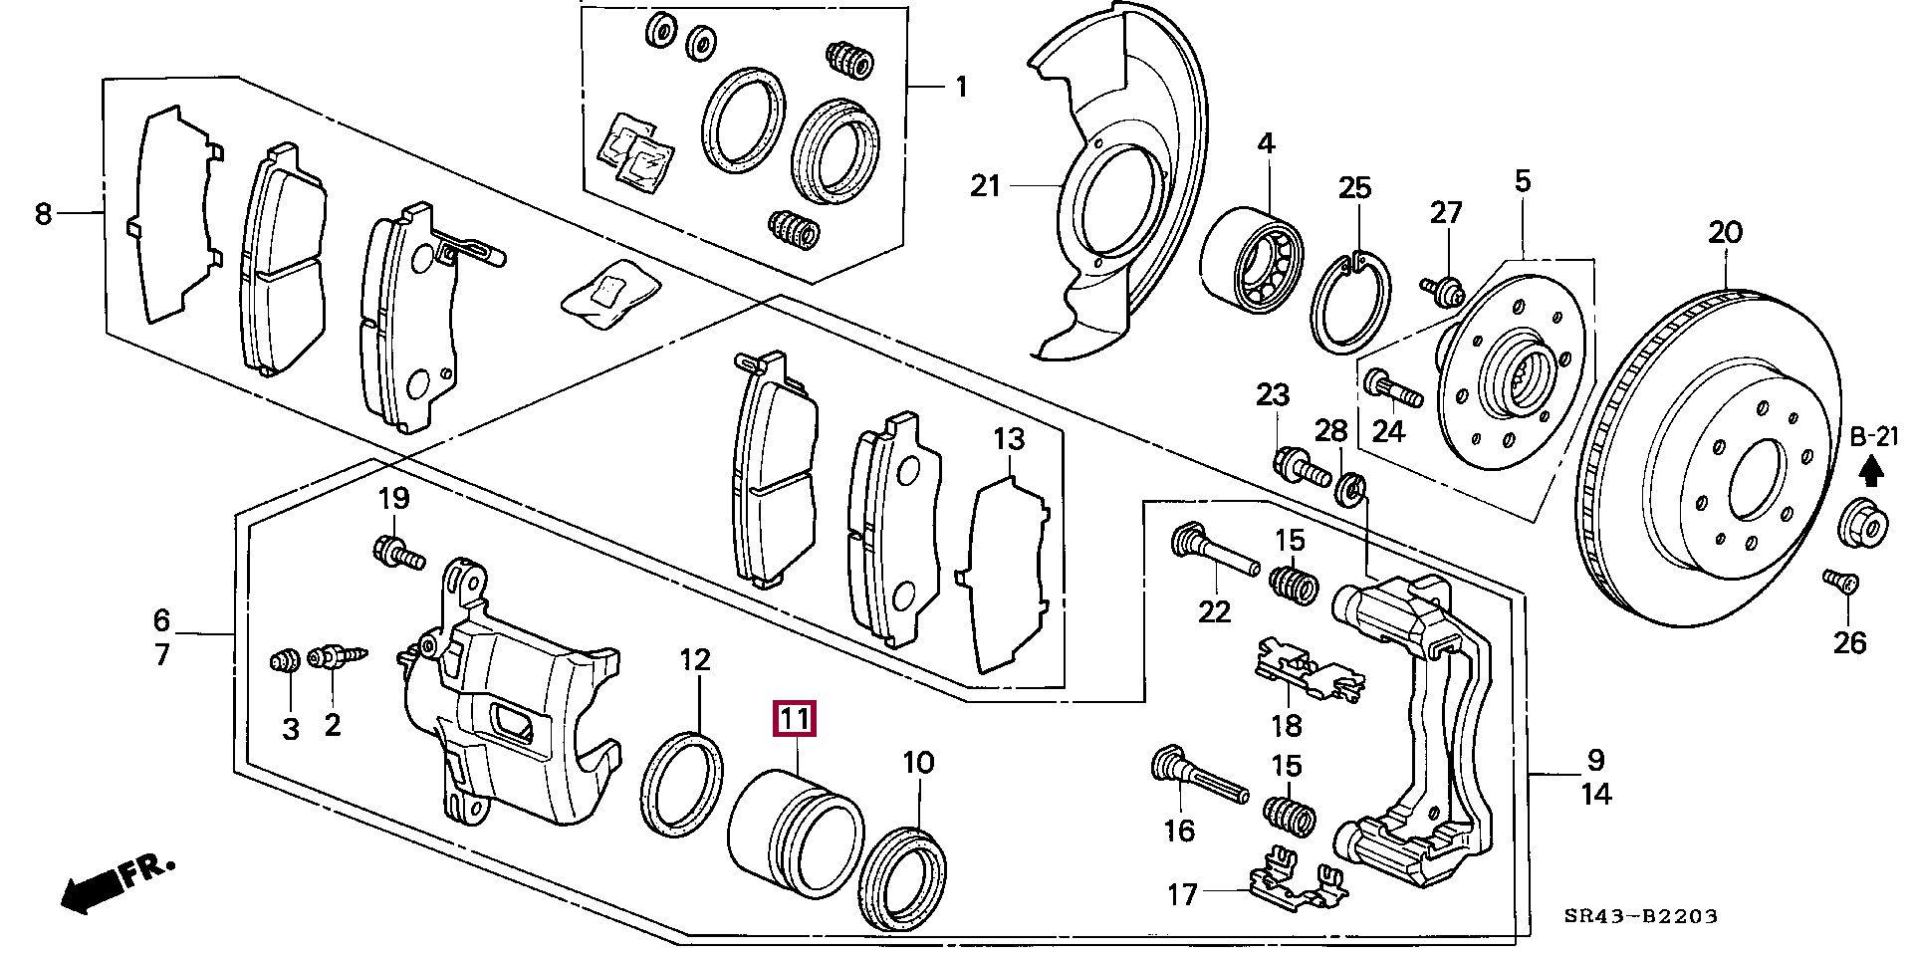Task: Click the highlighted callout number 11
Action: point(796,719)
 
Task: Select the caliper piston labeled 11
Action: point(794,830)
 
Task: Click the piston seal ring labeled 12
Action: point(684,783)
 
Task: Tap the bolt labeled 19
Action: point(395,550)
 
